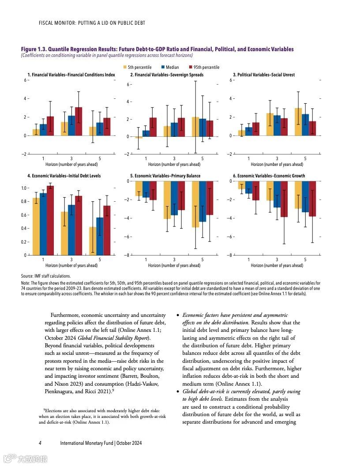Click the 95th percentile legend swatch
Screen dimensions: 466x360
191,68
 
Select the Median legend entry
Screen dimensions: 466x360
170,68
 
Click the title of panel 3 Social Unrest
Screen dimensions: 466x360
263,75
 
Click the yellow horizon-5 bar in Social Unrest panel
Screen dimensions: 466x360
298,122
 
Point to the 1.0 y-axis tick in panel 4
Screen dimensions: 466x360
25,188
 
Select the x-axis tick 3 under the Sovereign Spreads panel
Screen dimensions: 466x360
174,159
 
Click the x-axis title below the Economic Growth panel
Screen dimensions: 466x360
277,266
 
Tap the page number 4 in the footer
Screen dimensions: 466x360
40,443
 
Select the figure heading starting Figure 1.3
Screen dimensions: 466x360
157,49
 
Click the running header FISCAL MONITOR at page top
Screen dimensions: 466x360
92,23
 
